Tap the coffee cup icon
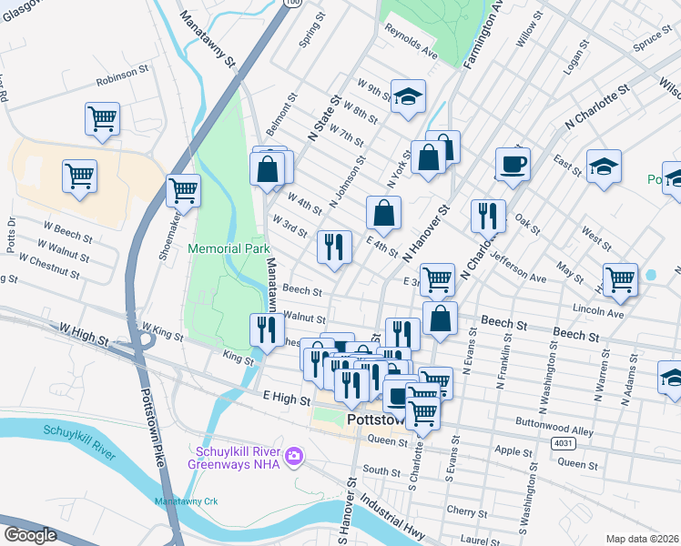point(513,164)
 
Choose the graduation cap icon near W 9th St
point(409,96)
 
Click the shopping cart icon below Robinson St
point(102,118)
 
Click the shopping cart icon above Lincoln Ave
point(620,279)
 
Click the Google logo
point(30,534)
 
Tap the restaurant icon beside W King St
point(267,329)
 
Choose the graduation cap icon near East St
point(604,167)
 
